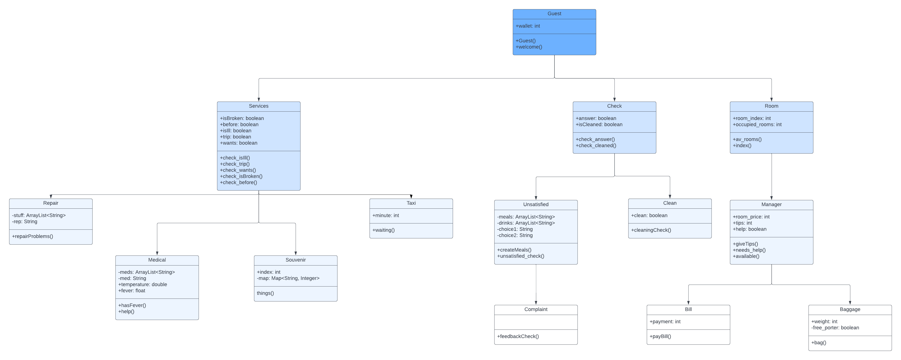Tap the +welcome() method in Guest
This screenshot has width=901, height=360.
529,47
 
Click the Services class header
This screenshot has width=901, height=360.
259,106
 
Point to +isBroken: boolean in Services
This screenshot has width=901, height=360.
242,118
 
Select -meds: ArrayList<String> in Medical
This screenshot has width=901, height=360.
146,272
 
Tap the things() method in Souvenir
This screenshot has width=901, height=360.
265,293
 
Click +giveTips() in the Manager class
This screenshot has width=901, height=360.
745,244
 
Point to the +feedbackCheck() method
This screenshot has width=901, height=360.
518,337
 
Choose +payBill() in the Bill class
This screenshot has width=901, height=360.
660,337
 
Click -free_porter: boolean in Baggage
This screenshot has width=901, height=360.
835,328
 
